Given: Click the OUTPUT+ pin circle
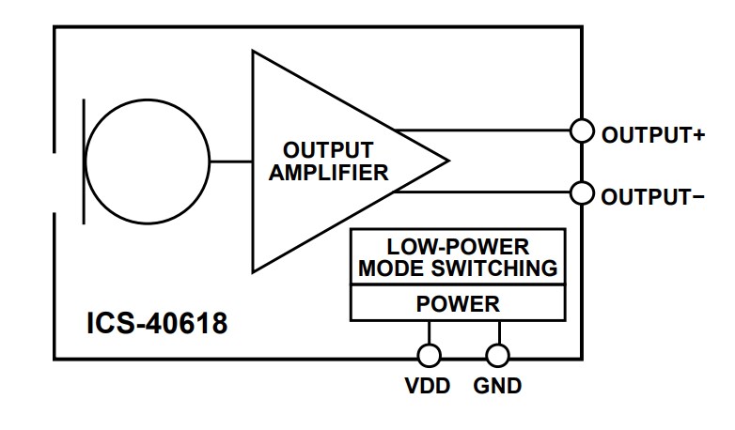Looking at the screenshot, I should click(583, 131).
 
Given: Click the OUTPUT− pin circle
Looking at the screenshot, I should click(583, 194).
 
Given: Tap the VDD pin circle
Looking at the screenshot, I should click(430, 355).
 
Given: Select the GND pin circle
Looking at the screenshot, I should click(498, 355).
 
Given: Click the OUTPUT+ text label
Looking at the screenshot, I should click(652, 134).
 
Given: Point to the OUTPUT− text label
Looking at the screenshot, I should click(652, 197).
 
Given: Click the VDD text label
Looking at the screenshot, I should click(430, 386).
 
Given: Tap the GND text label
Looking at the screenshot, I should click(498, 386).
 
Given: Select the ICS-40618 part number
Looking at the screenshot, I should click(157, 324).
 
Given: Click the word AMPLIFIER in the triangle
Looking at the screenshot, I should click(329, 173).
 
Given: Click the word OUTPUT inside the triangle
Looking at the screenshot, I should click(328, 150).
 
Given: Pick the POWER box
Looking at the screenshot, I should click(458, 304).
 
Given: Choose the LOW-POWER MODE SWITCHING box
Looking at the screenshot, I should click(458, 258).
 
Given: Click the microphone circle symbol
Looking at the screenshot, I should click(147, 161).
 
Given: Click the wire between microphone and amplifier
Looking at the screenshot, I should click(230, 161).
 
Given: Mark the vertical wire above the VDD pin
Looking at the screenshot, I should click(430, 332).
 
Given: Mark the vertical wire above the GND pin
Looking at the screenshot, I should click(498, 332).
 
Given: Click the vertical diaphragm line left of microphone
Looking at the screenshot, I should click(86, 161).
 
